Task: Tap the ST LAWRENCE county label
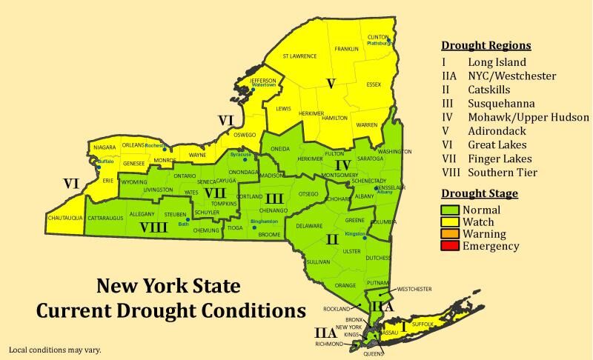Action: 299,56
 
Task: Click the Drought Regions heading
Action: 486,45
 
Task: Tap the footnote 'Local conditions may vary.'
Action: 55,349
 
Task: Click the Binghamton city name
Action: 265,221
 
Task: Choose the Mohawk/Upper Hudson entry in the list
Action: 528,117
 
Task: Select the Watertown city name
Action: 264,85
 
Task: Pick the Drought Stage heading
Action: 480,193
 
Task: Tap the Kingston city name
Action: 356,233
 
